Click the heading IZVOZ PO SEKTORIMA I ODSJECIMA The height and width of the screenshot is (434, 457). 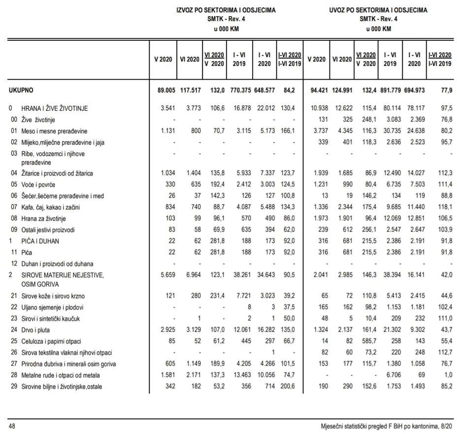coord(226,10)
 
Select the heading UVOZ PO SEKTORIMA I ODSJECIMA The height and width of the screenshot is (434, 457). coord(378,10)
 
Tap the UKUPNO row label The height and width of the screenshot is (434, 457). coord(22,90)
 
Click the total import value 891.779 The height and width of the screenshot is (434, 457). coord(390,90)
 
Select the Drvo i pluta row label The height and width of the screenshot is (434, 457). coord(37,330)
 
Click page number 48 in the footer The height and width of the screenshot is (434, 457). coord(11,424)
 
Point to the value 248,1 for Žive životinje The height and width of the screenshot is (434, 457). coord(367,119)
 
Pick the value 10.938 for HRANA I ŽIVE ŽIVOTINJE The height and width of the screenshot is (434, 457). coord(316,108)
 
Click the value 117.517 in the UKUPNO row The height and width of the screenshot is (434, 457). coord(189,90)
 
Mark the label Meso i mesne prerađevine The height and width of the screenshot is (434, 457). coord(54,131)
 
